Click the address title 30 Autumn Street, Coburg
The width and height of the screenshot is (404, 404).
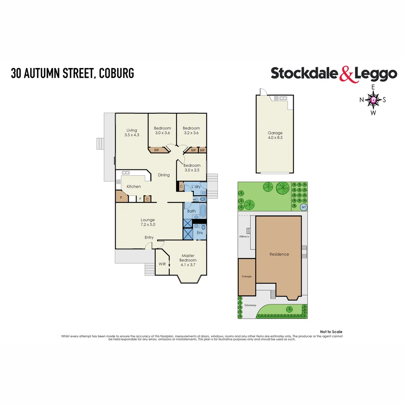pyautogui.click(x=72, y=73)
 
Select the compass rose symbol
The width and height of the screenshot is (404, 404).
pyautogui.click(x=373, y=100)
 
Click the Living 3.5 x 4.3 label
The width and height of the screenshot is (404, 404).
pyautogui.click(x=132, y=133)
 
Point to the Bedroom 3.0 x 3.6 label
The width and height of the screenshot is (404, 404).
pyautogui.click(x=162, y=131)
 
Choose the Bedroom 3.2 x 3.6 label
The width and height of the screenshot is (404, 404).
pyautogui.click(x=191, y=131)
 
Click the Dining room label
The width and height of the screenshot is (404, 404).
pyautogui.click(x=164, y=175)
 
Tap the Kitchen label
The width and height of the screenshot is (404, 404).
pyautogui.click(x=134, y=187)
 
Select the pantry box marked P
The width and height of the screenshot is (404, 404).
pyautogui.click(x=121, y=197)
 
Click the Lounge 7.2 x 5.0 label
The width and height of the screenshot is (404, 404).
pyautogui.click(x=148, y=222)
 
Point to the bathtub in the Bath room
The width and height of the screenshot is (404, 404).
pyautogui.click(x=202, y=211)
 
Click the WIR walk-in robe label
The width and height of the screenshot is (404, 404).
pyautogui.click(x=162, y=264)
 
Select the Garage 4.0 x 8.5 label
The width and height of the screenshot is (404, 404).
pyautogui.click(x=275, y=135)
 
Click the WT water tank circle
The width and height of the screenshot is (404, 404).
pyautogui.click(x=303, y=207)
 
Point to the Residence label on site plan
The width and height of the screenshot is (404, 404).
pyautogui.click(x=279, y=254)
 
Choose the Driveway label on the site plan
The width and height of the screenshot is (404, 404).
pyautogui.click(x=250, y=305)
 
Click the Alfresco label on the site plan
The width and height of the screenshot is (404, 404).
pyautogui.click(x=244, y=237)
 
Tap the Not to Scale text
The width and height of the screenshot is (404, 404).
pyautogui.click(x=331, y=332)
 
